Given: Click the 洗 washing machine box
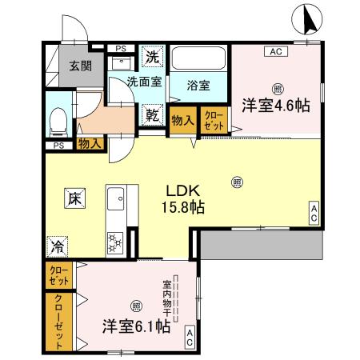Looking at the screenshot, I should (x=152, y=57).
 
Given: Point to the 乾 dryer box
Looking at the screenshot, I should (x=152, y=115).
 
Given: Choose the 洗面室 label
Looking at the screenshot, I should (x=145, y=81).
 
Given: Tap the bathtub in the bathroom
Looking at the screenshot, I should (x=198, y=59).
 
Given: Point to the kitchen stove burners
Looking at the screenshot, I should (x=114, y=240).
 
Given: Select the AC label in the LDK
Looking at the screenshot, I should (x=314, y=212).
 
